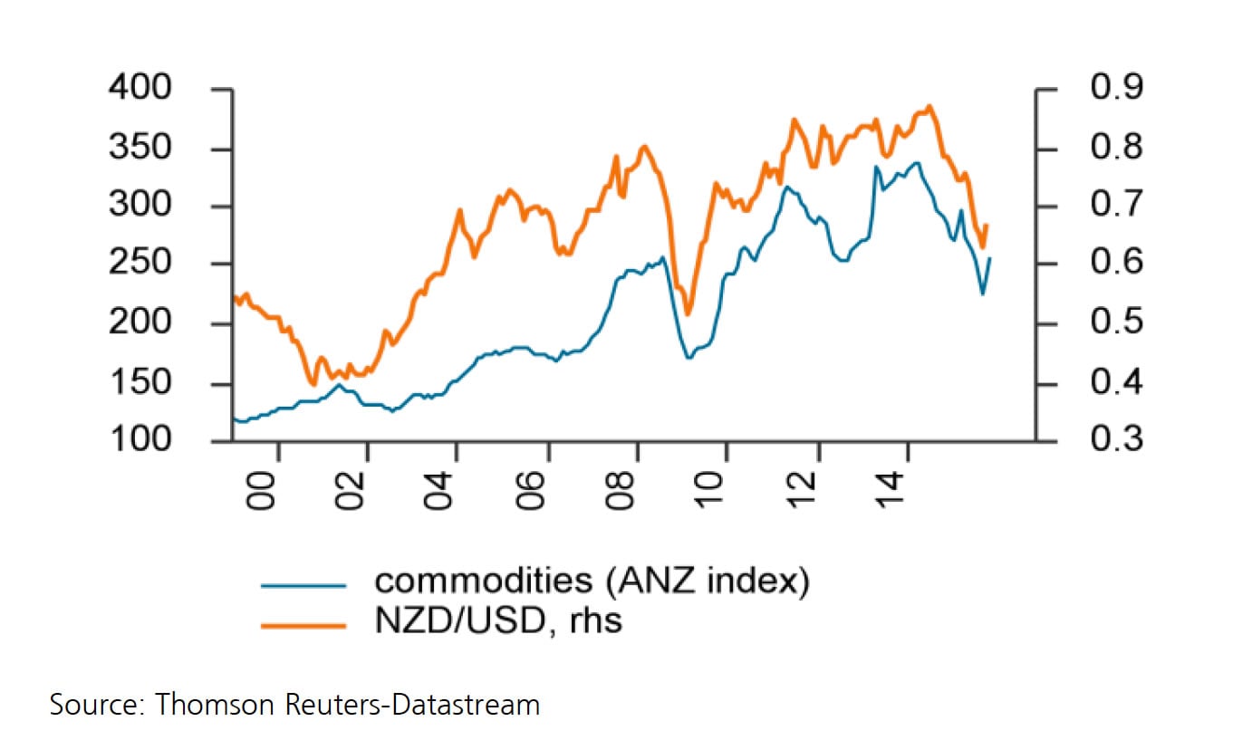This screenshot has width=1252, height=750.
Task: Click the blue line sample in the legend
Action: click(x=303, y=585)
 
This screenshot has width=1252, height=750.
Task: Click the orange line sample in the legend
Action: click(x=303, y=624)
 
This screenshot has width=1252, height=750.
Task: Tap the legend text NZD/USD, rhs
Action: click(x=498, y=622)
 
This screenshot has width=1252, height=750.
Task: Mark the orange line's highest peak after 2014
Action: click(x=929, y=106)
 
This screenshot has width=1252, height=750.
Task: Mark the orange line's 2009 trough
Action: click(x=688, y=314)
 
